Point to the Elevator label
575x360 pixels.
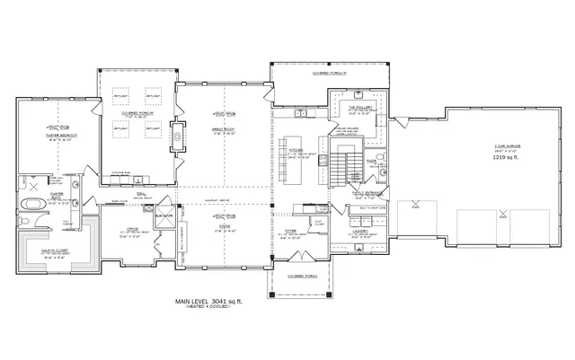[x=163, y=215]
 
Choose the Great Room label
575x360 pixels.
[x=218, y=132]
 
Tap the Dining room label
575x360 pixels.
[x=218, y=228]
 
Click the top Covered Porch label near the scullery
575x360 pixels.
[x=331, y=74]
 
